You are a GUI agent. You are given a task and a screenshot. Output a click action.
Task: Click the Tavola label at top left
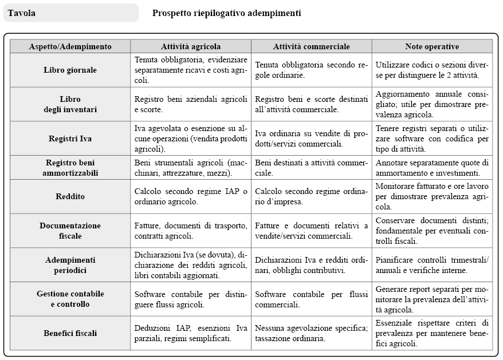click(x=21, y=13)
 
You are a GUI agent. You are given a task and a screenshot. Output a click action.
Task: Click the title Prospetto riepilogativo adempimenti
click(x=226, y=13)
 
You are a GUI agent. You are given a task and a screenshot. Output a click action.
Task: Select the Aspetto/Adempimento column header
click(x=70, y=46)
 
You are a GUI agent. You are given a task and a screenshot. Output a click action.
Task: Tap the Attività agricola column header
click(x=191, y=46)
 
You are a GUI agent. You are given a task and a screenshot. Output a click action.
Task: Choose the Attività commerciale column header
click(x=311, y=46)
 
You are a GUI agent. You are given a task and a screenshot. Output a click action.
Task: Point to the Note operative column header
click(x=431, y=46)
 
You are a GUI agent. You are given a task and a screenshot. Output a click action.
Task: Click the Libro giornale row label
click(x=70, y=70)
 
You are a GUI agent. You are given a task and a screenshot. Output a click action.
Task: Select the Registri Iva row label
click(x=70, y=139)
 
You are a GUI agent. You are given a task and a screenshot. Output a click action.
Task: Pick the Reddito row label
click(x=70, y=196)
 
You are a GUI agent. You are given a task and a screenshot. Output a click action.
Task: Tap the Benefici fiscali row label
click(x=70, y=333)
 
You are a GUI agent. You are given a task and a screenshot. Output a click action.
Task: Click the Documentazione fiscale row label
click(x=70, y=231)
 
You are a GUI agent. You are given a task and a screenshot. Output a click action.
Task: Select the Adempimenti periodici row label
click(x=70, y=265)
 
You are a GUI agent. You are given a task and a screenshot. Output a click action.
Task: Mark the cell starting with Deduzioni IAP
click(x=191, y=333)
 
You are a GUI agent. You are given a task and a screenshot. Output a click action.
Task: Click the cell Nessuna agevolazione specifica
click(x=311, y=333)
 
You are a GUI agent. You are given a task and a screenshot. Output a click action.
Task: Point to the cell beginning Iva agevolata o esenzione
click(x=191, y=139)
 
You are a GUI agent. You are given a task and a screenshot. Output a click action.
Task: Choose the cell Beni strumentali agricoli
click(x=191, y=168)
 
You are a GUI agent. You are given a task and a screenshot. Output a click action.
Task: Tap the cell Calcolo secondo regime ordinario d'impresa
click(x=311, y=196)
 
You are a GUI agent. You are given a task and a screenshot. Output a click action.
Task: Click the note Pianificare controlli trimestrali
click(x=431, y=265)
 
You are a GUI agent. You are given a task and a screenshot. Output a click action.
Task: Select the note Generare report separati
click(x=431, y=299)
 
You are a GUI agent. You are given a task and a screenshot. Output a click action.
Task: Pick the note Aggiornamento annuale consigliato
click(x=431, y=104)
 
